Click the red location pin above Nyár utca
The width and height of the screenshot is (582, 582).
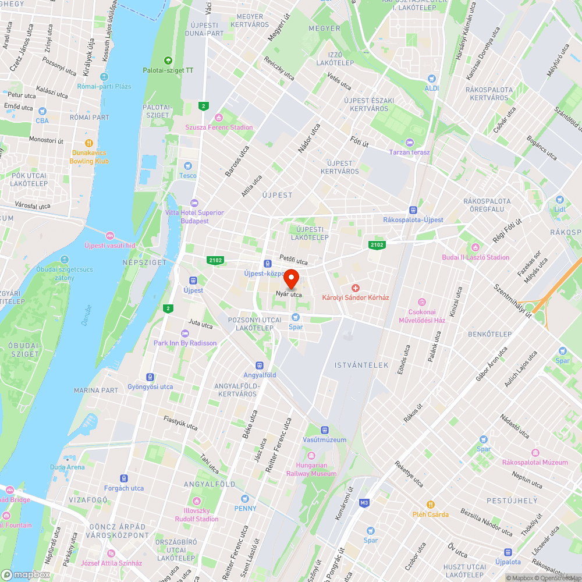click(290, 278)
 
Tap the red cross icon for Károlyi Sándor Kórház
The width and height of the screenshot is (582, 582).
click(356, 288)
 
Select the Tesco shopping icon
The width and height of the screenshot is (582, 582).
click(187, 166)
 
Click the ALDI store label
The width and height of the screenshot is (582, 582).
click(431, 88)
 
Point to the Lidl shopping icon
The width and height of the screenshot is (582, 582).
click(560, 199)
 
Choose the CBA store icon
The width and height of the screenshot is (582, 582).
click(42, 111)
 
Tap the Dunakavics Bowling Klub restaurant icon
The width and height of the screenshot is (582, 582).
click(89, 143)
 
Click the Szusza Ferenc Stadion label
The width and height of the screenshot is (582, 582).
click(219, 127)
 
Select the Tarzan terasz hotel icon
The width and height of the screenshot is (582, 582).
click(410, 143)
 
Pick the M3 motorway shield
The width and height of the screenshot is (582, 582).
click(365, 502)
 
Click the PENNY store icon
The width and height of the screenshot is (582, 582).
click(244, 499)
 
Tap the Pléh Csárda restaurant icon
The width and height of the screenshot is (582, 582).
click(431, 505)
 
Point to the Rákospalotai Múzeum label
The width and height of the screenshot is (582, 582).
click(535, 462)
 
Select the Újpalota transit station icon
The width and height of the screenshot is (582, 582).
click(508, 552)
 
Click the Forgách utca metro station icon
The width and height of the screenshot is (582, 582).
click(124, 478)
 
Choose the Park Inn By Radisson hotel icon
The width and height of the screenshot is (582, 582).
click(185, 333)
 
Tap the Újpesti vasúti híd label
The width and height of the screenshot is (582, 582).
click(109, 245)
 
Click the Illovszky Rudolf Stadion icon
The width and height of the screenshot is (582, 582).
click(197, 501)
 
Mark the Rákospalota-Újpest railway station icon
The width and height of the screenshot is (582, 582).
click(413, 210)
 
